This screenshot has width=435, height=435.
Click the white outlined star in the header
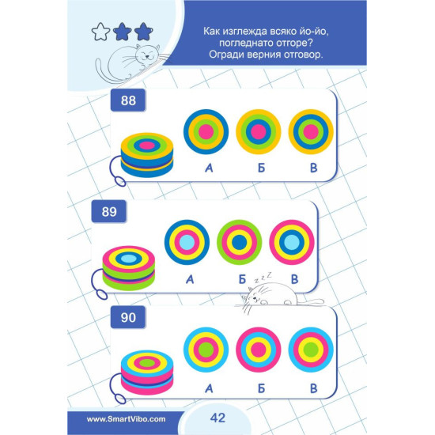click(100, 32)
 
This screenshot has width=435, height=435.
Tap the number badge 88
click(128, 100)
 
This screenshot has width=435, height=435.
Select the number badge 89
click(109, 211)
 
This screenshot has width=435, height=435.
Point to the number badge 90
click(128, 317)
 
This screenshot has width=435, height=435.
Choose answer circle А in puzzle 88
click(206, 131)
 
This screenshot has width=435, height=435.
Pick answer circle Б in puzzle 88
click(259, 131)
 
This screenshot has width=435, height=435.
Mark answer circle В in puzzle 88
click(311, 131)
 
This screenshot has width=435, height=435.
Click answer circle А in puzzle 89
click(187, 242)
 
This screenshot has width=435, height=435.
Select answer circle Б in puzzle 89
click(239, 242)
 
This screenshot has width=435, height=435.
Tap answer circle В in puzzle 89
click(292, 242)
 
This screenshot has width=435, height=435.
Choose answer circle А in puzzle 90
click(206, 350)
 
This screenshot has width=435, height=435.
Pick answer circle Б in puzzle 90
click(259, 350)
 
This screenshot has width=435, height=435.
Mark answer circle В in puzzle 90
click(311, 350)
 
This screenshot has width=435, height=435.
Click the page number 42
click(217, 418)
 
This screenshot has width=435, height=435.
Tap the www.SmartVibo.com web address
click(127, 419)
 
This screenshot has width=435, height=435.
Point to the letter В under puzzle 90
click(313, 388)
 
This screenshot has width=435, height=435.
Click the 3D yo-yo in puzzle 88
click(147, 155)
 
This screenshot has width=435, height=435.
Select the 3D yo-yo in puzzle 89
click(129, 268)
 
